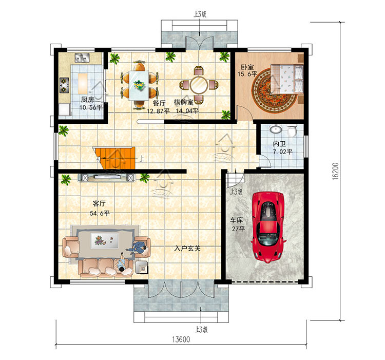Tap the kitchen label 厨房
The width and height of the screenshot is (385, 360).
point(87,100)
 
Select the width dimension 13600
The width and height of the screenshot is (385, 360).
point(181,339)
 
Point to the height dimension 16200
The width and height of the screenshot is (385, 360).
point(335,171)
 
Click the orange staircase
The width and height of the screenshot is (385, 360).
point(115,158)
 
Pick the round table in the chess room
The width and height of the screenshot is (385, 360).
point(199,85)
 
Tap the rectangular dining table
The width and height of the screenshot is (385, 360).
point(139,85)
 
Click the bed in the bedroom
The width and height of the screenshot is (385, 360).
point(287,79)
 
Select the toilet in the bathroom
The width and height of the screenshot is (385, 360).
point(292,131)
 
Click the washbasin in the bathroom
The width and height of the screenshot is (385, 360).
point(276,129)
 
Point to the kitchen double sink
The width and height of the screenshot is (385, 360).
point(82,58)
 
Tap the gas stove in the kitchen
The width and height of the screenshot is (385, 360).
point(64,85)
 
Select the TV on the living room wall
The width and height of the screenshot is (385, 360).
point(107,177)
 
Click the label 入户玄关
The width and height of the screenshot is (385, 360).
point(187,249)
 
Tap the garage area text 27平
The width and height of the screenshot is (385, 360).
point(238,229)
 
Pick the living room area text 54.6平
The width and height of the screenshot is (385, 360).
point(100,213)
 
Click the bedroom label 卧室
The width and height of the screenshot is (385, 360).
point(247,67)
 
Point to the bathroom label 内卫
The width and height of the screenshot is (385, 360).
point(279,144)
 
